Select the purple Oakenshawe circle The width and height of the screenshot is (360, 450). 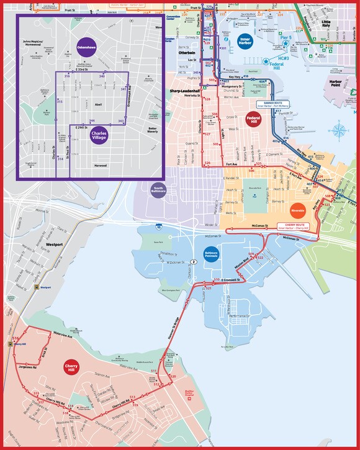(x=84, y=48)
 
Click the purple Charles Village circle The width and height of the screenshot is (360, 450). (x=99, y=134)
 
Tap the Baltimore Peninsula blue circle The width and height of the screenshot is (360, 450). (x=211, y=254)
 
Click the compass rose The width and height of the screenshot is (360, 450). (x=339, y=131)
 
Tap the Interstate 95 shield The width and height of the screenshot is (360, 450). (x=159, y=228)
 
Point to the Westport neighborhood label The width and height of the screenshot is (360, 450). (x=55, y=245)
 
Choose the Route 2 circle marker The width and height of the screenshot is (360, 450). (x=194, y=263)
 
